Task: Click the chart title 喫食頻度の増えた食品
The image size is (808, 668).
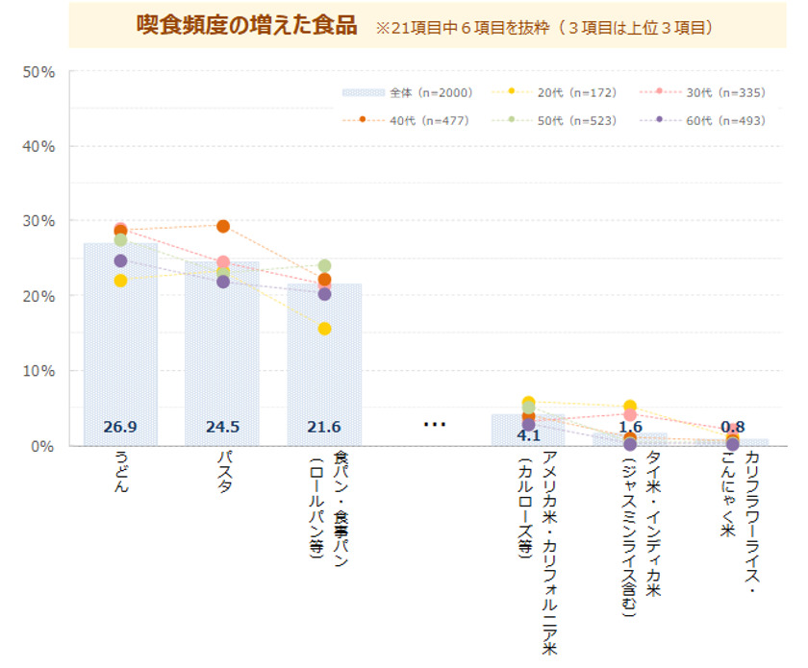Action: (246, 25)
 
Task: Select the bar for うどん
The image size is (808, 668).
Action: (120, 346)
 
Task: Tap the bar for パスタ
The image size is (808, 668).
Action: (222, 356)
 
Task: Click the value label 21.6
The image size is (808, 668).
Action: (324, 427)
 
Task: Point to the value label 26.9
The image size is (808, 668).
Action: (120, 427)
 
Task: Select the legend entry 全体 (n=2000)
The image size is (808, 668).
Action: (406, 92)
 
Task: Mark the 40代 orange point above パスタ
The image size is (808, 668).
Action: (222, 227)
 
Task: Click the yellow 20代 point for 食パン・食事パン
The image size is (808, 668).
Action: (324, 329)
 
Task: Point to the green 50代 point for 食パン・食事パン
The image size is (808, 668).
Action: (324, 265)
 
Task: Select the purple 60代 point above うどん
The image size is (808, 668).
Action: (120, 260)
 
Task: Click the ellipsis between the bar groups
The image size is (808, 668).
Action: (434, 424)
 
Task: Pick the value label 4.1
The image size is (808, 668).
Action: (528, 434)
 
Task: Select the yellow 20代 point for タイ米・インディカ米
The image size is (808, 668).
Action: (630, 407)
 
